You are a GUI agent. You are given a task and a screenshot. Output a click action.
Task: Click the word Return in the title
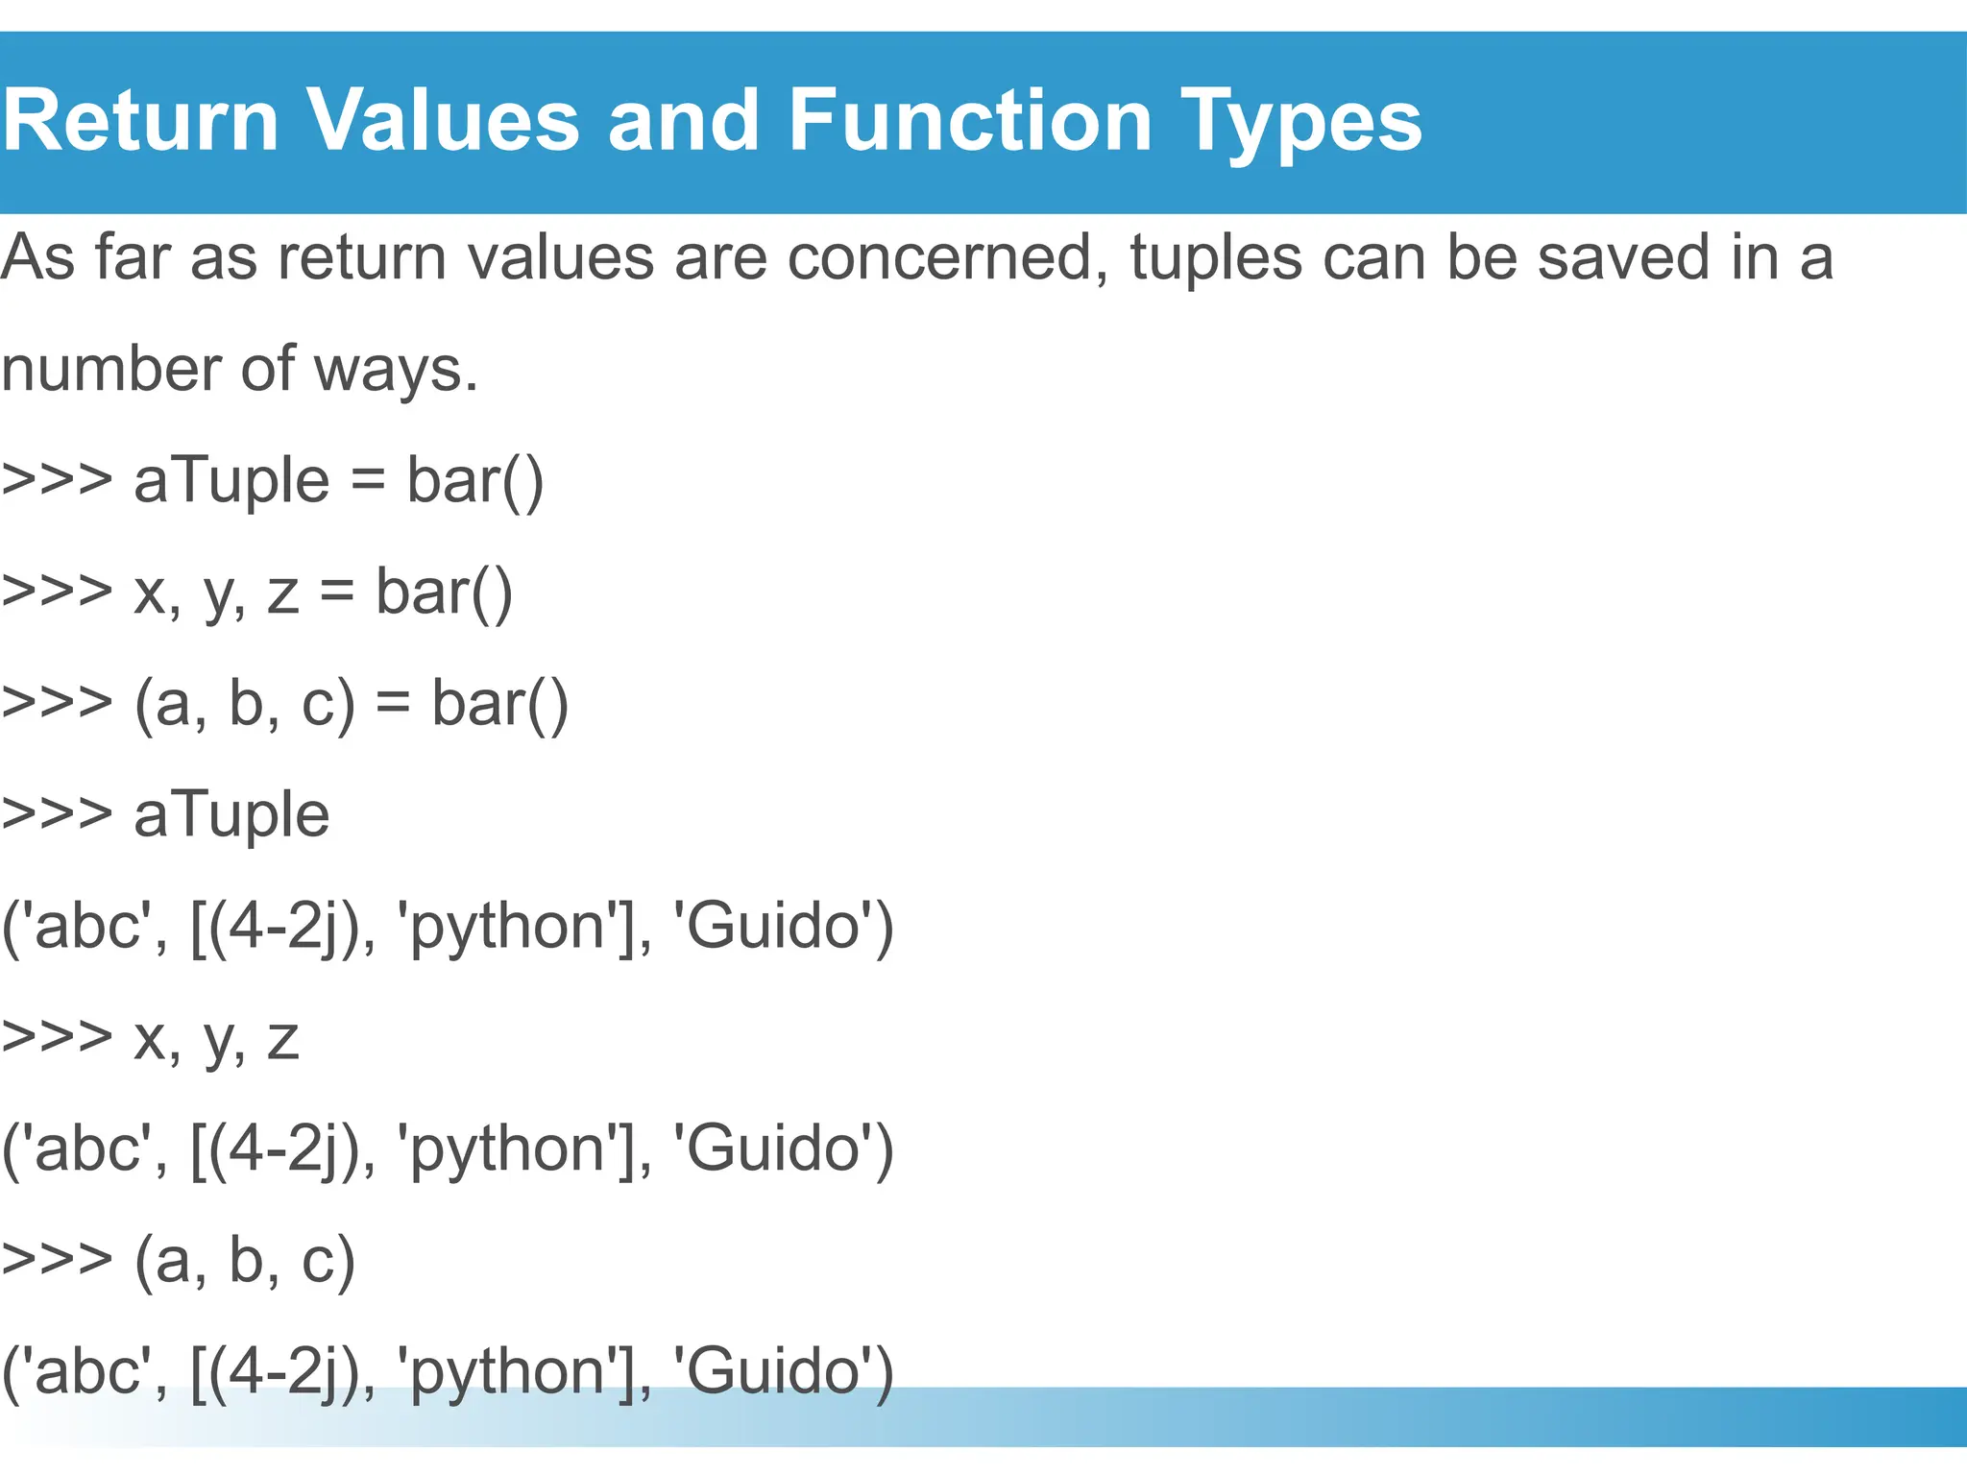coord(140,122)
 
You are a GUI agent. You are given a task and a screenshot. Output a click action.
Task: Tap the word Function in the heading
coord(970,122)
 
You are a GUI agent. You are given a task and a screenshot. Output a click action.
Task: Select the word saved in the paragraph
coord(1623,258)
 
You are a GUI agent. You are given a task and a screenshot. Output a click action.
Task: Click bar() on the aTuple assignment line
coord(474,481)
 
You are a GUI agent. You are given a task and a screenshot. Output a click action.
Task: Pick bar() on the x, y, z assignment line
coord(444,592)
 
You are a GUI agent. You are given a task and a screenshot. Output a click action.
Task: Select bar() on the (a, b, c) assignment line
coord(499,704)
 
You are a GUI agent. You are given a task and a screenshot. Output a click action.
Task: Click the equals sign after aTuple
coord(368,481)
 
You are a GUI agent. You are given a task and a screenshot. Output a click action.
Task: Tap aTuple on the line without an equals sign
coord(231,816)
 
